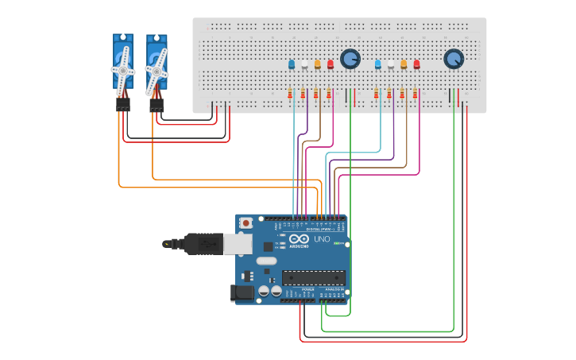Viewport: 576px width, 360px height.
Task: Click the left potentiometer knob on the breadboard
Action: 350,59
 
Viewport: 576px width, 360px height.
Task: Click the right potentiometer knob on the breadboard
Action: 453,59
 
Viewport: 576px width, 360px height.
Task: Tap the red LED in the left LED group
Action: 331,64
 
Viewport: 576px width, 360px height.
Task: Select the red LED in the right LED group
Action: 416,64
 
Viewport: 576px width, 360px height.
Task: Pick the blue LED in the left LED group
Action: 292,64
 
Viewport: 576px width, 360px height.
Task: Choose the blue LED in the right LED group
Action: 378,64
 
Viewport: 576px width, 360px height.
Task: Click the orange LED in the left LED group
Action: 318,64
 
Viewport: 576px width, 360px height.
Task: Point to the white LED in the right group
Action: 391,65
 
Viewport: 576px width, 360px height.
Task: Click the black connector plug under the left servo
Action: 123,104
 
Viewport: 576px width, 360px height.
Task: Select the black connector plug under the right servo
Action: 157,104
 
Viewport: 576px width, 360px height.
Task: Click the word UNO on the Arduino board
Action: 322,239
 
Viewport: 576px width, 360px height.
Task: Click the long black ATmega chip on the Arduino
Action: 314,277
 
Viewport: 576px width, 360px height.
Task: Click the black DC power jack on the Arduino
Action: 242,293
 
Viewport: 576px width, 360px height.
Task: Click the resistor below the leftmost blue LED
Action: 290,95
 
